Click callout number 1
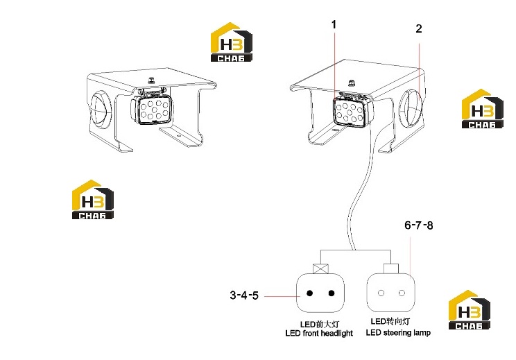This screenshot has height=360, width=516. [x=334, y=24]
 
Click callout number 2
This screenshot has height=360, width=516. [x=419, y=28]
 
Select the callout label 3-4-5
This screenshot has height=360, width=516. [x=244, y=295]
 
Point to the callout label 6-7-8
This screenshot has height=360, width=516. [x=419, y=225]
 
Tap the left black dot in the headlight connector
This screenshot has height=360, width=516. [x=309, y=293]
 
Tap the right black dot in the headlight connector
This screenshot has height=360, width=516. [x=332, y=293]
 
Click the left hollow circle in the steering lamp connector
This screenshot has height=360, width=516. [x=381, y=293]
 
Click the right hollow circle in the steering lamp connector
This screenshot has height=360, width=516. [x=402, y=293]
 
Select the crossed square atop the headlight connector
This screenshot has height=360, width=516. [x=321, y=268]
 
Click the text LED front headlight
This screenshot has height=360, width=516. [x=319, y=334]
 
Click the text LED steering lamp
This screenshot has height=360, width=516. [x=398, y=333]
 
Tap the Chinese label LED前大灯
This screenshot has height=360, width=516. [x=319, y=325]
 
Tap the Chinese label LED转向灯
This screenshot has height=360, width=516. [x=390, y=321]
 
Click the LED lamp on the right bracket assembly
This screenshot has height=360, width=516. [x=353, y=110]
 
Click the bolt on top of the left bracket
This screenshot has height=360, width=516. [x=152, y=80]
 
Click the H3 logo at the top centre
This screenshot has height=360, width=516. [x=232, y=42]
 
